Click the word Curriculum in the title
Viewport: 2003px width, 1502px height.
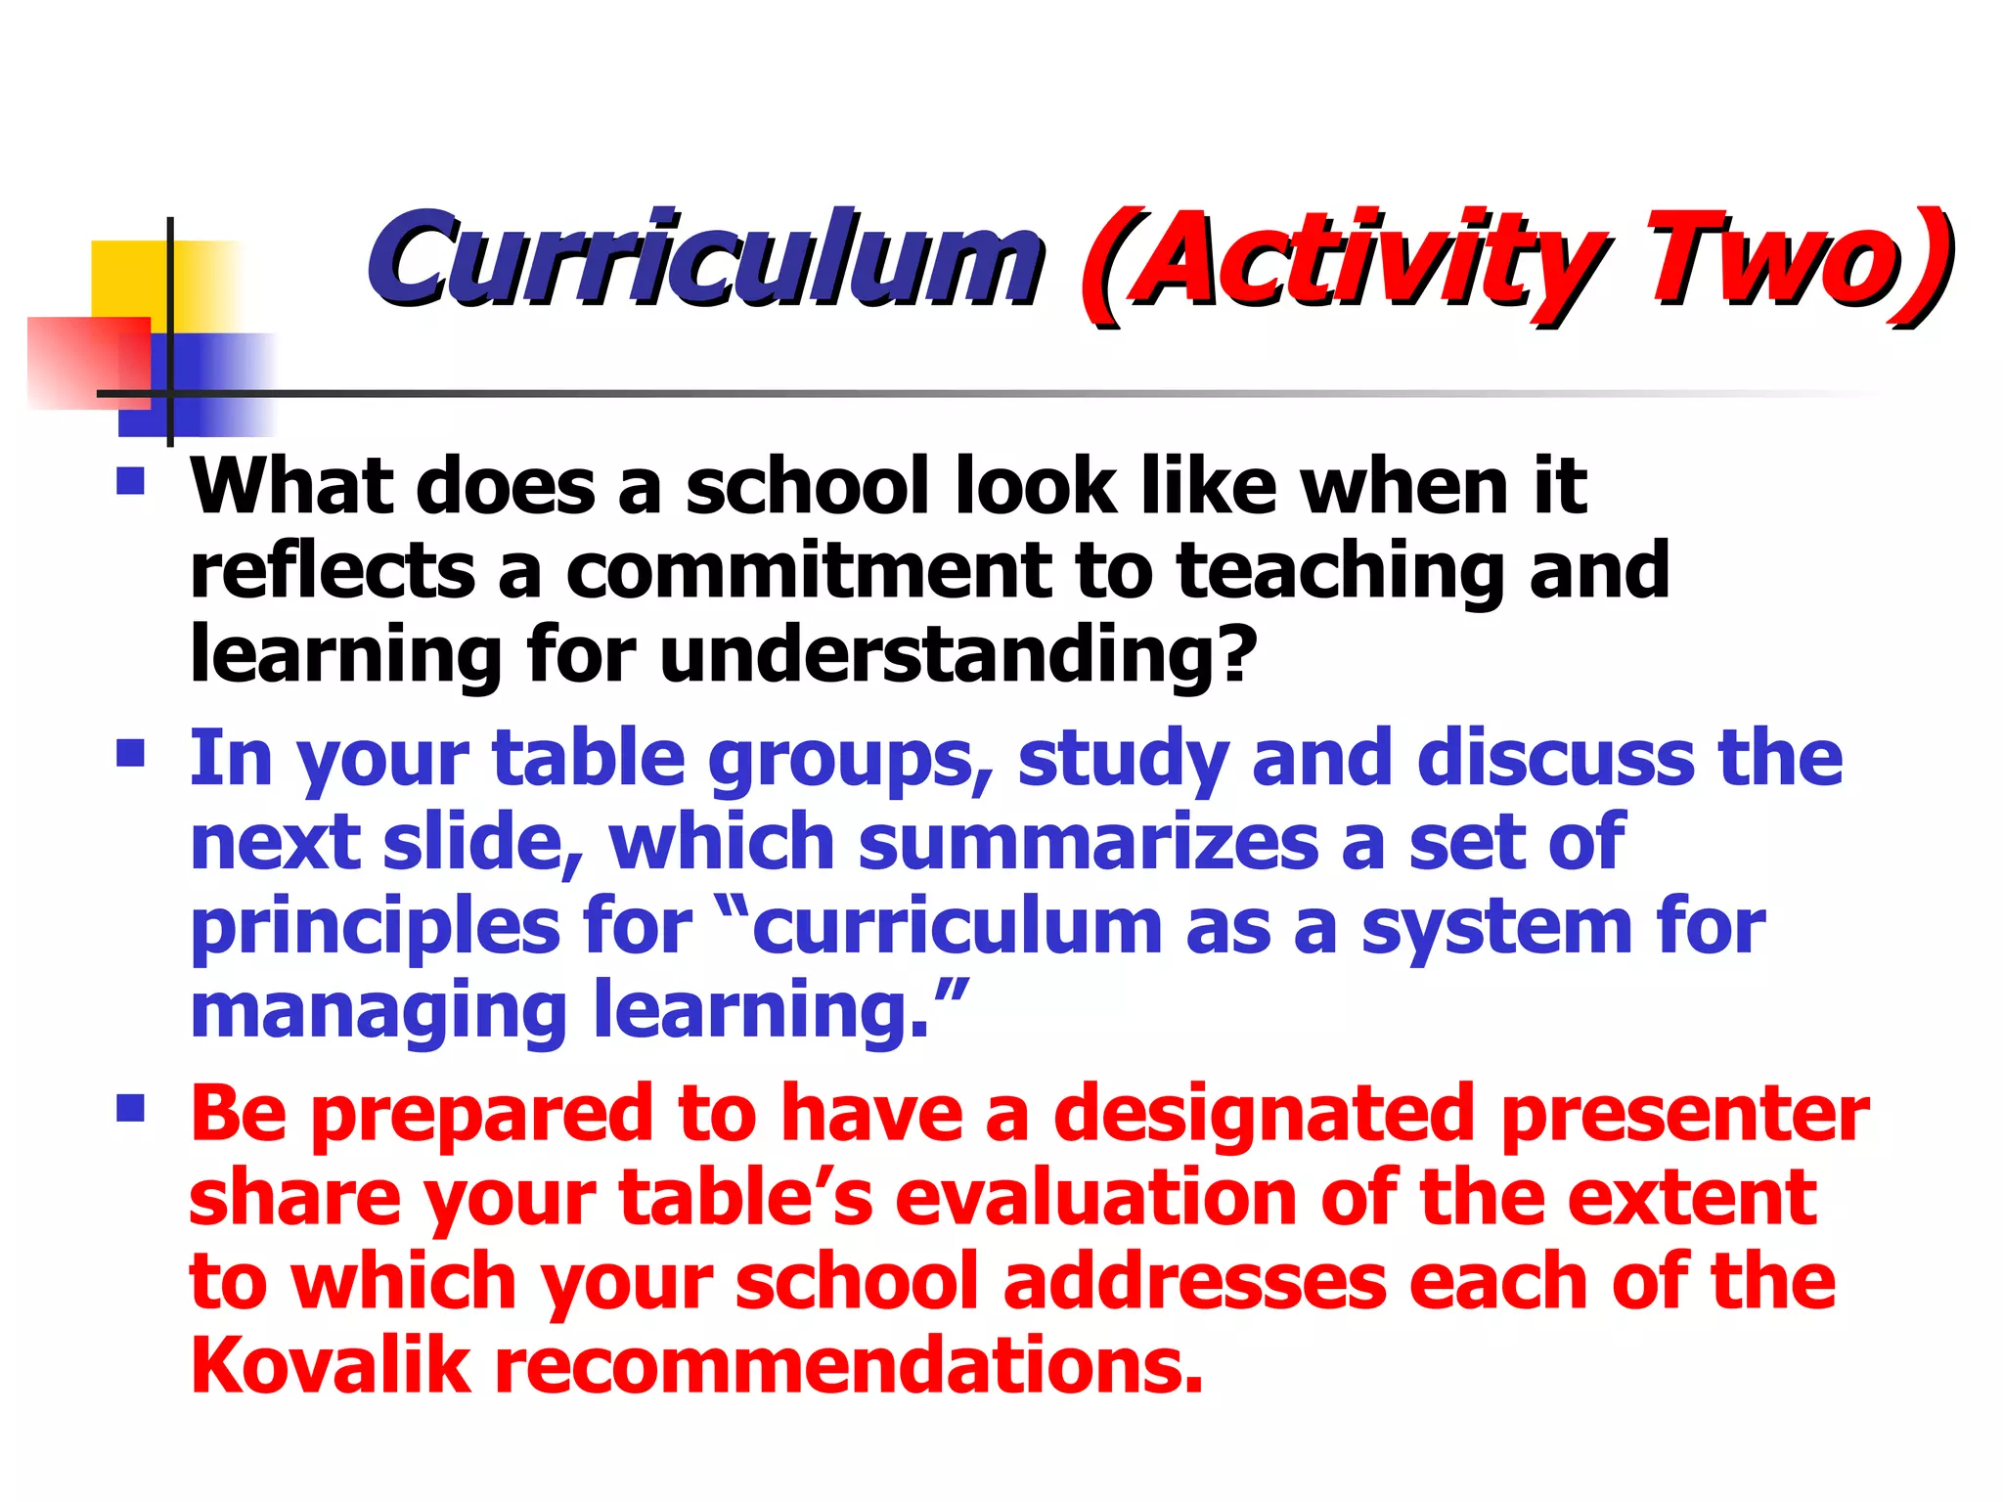(x=704, y=259)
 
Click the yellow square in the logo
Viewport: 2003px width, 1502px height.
(x=132, y=279)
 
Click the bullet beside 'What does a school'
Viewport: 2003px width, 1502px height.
(x=130, y=481)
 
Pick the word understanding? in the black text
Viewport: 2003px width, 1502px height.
(x=958, y=655)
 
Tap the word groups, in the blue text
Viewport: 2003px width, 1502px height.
(x=851, y=761)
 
